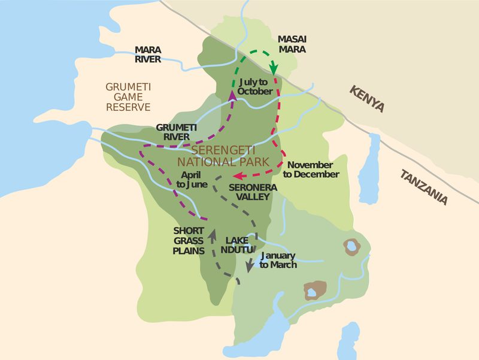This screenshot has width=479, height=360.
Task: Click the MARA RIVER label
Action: (x=147, y=55)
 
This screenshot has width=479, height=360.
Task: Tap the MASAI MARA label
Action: (x=292, y=44)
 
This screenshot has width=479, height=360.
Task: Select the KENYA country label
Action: (x=366, y=98)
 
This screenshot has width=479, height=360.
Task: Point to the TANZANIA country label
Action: (x=424, y=187)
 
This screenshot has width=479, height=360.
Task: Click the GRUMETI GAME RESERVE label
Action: (x=128, y=96)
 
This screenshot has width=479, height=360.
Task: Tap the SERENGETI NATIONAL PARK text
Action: (x=222, y=156)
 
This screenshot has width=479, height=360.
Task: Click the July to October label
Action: (x=255, y=86)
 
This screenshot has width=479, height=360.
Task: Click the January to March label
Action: (x=278, y=260)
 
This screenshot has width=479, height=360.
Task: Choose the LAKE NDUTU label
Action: (x=239, y=245)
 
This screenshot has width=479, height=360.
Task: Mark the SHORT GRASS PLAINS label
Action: (x=189, y=240)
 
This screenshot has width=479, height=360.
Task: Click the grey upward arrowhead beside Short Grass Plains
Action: (x=213, y=233)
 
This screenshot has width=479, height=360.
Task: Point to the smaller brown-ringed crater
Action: (x=351, y=246)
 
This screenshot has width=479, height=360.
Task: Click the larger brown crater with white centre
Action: (x=314, y=291)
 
